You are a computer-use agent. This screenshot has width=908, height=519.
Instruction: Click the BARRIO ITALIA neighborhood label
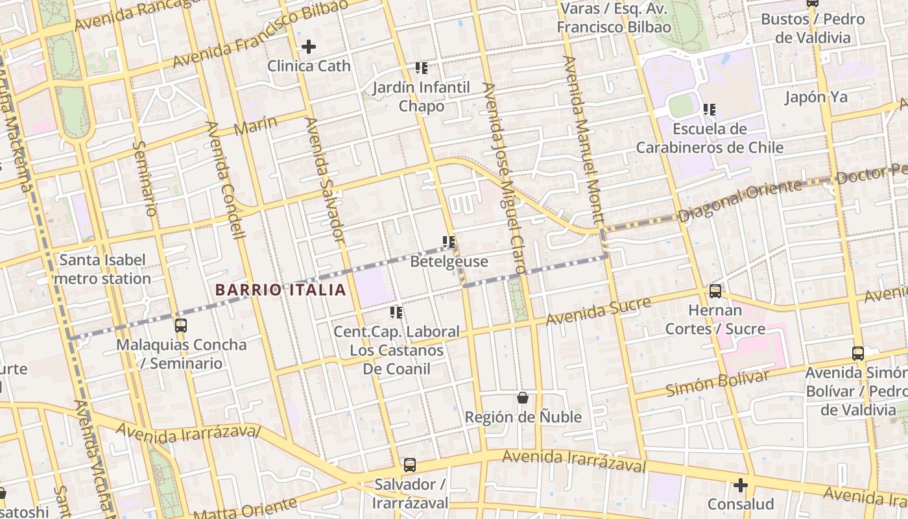[x=280, y=289]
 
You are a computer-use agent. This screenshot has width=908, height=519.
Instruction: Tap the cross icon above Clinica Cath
[x=309, y=47]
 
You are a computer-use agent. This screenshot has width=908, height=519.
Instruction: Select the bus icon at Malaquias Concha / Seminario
[x=181, y=326]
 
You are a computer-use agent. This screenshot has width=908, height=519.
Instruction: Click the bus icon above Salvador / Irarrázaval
[x=410, y=465]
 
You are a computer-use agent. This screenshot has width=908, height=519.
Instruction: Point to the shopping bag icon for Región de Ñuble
[x=523, y=397]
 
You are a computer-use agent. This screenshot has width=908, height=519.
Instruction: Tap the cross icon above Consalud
[x=740, y=485]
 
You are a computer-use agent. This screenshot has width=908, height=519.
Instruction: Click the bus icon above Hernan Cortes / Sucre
[x=715, y=291]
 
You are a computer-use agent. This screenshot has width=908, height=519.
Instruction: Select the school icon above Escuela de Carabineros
[x=710, y=110]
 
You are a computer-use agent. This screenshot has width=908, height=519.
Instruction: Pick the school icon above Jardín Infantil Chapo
[x=422, y=67]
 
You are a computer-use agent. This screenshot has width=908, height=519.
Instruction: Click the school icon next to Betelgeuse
[x=449, y=242]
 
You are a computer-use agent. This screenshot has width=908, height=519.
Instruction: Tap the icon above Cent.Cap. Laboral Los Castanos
[x=396, y=313]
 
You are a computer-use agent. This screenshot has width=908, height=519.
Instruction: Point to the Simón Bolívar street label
[x=717, y=383]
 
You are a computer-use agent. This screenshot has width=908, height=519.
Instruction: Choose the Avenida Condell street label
[x=224, y=180]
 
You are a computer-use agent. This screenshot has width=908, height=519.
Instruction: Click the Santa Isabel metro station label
[x=102, y=269]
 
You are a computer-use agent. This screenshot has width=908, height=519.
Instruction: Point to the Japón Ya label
[x=816, y=97]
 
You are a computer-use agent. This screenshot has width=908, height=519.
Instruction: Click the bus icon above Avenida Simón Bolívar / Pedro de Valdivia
[x=858, y=354]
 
